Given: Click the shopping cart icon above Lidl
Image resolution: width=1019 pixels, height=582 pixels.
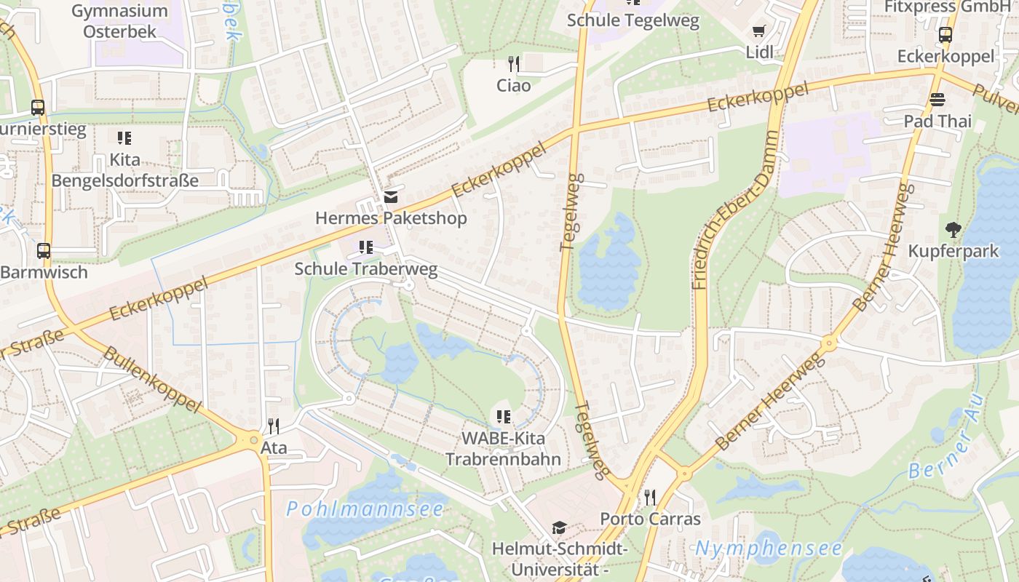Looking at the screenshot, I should coord(759,31).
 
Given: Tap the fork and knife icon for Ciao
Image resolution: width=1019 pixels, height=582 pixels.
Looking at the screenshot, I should coord(514,64).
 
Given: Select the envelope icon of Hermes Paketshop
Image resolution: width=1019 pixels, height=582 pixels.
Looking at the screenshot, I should coord(391,197).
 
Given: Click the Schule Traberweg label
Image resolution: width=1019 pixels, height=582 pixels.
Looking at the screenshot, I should coord(365,269).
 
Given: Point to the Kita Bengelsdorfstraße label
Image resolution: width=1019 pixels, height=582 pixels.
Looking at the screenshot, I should coord(125,170).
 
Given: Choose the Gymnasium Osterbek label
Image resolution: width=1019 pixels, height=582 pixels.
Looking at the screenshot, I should coord(119,21).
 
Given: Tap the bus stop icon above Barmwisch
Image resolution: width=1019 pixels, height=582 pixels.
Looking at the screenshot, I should coord(44,251).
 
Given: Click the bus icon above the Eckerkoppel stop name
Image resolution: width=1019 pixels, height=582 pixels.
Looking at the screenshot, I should coord(945,34).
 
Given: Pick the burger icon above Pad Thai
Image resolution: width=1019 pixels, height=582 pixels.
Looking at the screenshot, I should coord(937,100).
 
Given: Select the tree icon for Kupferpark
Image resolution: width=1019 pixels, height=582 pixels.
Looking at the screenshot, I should coord(953,230).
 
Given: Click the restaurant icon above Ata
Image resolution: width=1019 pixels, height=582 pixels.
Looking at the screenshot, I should coord(274,426).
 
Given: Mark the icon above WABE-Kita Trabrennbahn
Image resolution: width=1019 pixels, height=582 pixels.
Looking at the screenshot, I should coord(503,417).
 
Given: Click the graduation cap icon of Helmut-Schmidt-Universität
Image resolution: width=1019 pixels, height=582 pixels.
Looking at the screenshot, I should coord(559,527).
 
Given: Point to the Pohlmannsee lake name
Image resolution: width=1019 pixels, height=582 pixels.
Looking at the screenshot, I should coord(365,509).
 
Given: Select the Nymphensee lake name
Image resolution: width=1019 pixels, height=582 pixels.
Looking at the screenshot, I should coord(769,548).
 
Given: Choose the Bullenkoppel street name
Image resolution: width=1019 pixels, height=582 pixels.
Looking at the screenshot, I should coord(151,379).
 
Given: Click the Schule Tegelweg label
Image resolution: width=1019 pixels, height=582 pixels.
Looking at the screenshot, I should coord(633,20).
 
